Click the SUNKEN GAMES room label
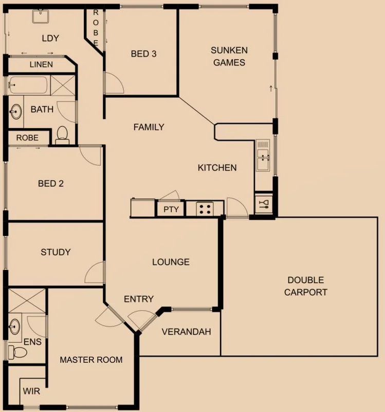click(x=229, y=56)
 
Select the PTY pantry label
click(x=171, y=209)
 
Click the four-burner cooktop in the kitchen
click(x=205, y=209)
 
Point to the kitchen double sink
click(x=263, y=157)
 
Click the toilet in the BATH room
click(x=62, y=134)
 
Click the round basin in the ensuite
click(x=15, y=325)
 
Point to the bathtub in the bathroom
click(x=28, y=85)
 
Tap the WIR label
click(x=31, y=391)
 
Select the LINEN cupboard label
click(x=41, y=65)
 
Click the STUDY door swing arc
click(x=95, y=272)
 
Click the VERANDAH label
click(x=186, y=332)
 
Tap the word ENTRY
click(x=139, y=299)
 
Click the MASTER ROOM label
click(x=91, y=359)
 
